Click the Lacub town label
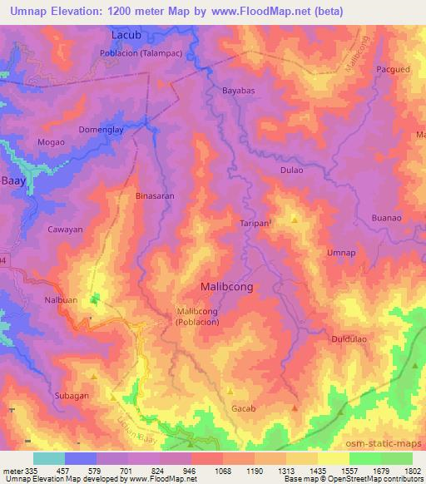pos(128,36)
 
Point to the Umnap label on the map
pos(342,252)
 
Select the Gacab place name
pos(245,409)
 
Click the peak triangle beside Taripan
pos(294,220)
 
